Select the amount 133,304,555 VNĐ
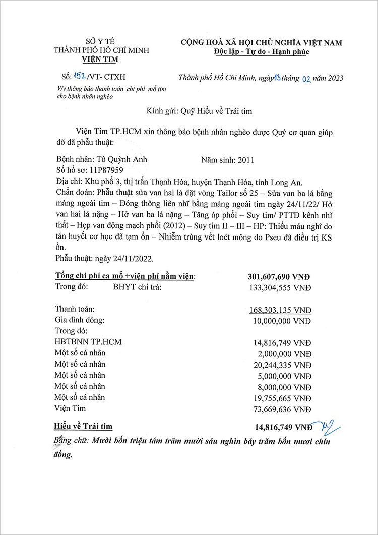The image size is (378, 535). (x=279, y=287)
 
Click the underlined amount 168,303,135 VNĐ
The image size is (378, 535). (x=279, y=309)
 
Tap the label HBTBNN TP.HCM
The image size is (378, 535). (x=88, y=342)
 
